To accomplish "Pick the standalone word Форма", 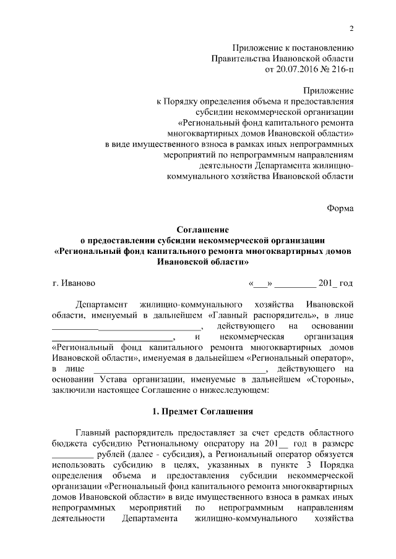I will (340, 208).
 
